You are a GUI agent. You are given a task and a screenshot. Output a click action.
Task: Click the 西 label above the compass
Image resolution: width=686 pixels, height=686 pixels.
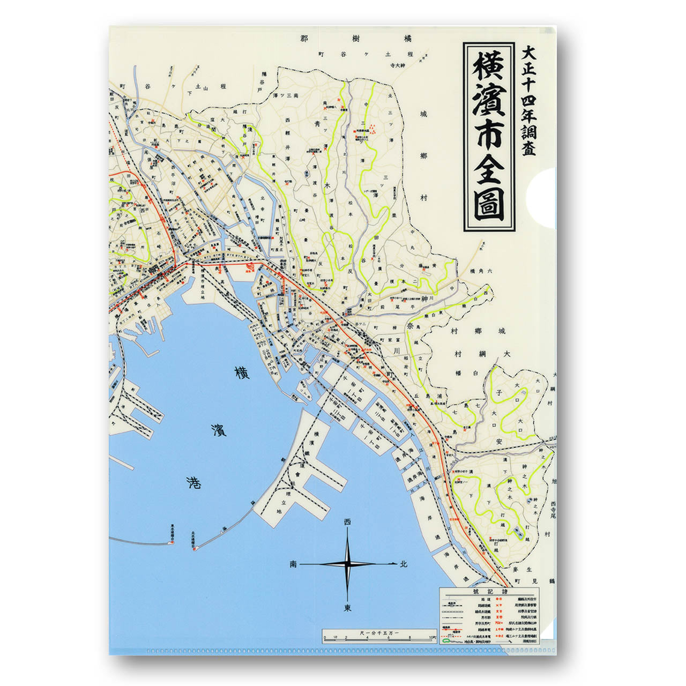coord(348,521)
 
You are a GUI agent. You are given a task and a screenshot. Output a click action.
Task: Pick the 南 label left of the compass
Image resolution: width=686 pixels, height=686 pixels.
coord(293,564)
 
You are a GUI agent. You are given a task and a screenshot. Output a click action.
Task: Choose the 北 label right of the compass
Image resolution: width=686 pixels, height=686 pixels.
coord(404,564)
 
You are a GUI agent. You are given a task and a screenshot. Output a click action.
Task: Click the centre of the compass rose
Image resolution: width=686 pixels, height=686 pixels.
coord(348,564)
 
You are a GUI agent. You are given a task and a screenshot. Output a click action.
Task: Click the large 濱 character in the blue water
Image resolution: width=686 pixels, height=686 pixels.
coord(218,429)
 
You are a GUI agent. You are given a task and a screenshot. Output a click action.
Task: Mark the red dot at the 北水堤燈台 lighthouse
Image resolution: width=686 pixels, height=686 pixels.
coord(196,548)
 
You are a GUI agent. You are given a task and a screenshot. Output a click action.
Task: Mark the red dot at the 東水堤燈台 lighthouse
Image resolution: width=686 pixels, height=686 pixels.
coord(170,542)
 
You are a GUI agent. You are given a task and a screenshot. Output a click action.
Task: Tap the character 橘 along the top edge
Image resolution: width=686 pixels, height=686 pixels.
coord(408,39)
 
